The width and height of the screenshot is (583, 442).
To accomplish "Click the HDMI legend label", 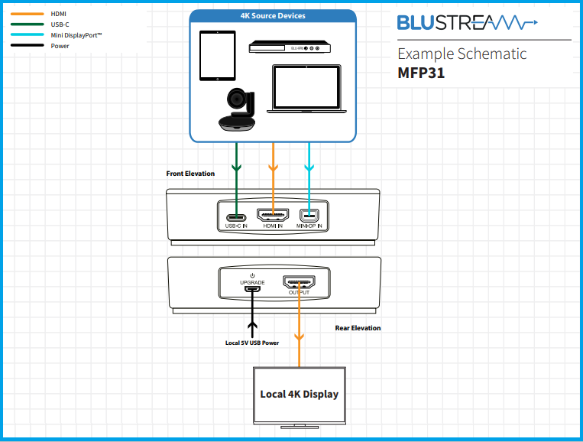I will point(60,14).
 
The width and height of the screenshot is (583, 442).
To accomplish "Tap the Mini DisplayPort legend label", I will point(76,35).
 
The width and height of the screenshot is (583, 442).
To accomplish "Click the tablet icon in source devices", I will point(217,56).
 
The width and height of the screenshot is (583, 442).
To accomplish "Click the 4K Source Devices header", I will point(273,16).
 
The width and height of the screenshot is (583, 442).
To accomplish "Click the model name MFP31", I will point(421,74).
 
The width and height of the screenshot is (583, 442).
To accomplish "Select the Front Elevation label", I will point(190,174).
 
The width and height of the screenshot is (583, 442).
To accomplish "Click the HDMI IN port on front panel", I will point(273,215).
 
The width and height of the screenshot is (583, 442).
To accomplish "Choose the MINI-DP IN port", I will point(309,215).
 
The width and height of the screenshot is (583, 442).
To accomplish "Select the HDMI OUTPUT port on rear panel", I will point(299,282).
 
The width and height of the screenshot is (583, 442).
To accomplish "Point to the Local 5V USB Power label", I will point(251,343).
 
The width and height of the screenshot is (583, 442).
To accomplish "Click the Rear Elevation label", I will point(358,328).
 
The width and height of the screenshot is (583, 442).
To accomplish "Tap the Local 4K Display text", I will point(299,394).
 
